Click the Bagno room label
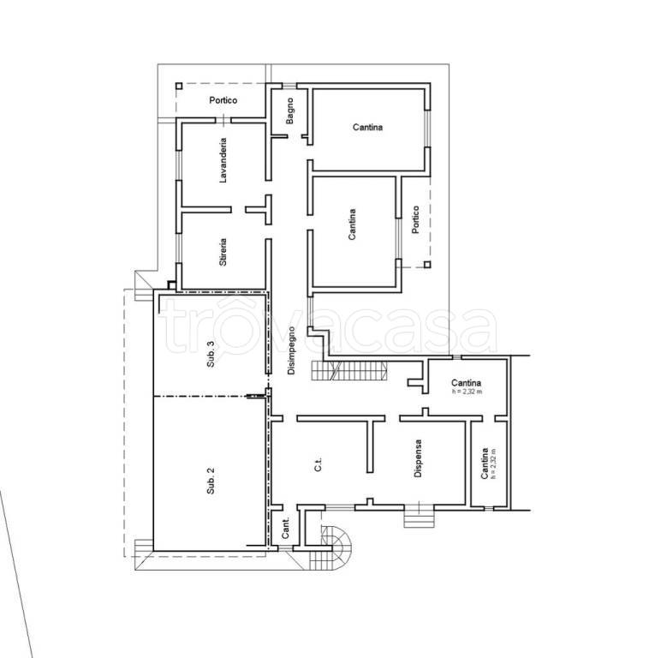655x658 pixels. click(x=289, y=111)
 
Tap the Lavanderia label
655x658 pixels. click(x=223, y=160)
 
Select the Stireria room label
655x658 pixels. click(x=223, y=252)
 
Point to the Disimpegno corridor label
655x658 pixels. click(x=291, y=350)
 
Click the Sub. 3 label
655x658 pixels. click(x=211, y=354)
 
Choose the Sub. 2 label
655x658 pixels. click(x=211, y=481)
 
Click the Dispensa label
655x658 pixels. click(x=418, y=458)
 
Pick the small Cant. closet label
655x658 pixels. click(x=286, y=529)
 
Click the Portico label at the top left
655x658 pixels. click(x=223, y=100)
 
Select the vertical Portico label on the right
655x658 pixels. click(x=415, y=219)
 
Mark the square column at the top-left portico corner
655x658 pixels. click(x=179, y=86)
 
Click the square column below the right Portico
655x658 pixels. click(x=427, y=265)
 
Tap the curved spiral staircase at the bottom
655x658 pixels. click(x=336, y=546)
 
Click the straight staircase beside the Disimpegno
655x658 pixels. click(x=348, y=370)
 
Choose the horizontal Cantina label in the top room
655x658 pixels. click(x=368, y=127)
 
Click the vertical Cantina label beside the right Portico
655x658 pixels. click(x=352, y=224)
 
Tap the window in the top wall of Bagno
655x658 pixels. click(x=289, y=86)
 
